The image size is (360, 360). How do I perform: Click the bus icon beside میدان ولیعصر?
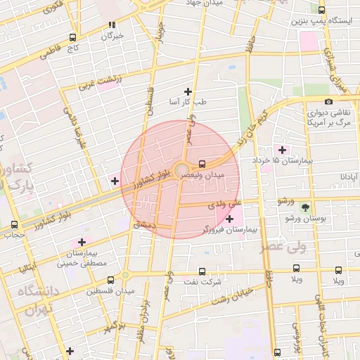pyautogui.click(x=202, y=162)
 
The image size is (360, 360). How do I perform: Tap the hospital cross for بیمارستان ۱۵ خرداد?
pyautogui.click(x=283, y=150)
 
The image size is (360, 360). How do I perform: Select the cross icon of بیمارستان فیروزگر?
pyautogui.click(x=229, y=219)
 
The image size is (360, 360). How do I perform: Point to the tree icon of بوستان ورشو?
pyautogui.click(x=305, y=207)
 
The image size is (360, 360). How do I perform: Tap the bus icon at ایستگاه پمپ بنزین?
pyautogui.click(x=322, y=11)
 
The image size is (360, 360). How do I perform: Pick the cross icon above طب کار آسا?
pyautogui.click(x=188, y=91)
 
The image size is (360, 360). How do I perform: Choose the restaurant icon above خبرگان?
pyautogui.click(x=111, y=25)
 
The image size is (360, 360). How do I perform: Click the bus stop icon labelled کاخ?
pyautogui.click(x=72, y=38)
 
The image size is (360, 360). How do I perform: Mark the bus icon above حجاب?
pyautogui.click(x=15, y=225)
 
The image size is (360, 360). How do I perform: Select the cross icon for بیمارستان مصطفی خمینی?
pyautogui.click(x=82, y=242)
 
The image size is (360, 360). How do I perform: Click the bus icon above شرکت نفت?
pyautogui.click(x=202, y=271)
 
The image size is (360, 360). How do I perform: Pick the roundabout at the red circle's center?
pyautogui.click(x=181, y=168)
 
